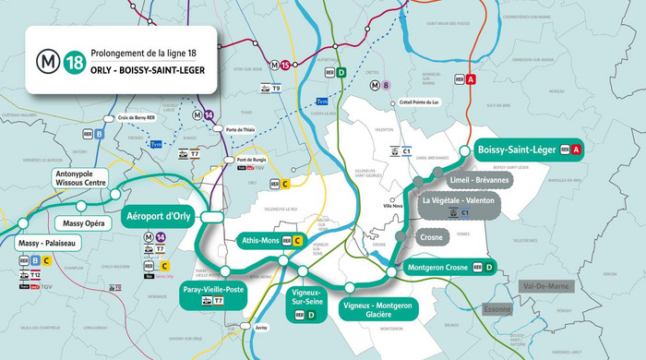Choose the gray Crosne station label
point(431,236)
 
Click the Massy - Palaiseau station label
point(47,243)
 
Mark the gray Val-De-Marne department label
point(545,287)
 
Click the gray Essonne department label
point(496,310)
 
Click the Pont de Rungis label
point(251,161)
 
